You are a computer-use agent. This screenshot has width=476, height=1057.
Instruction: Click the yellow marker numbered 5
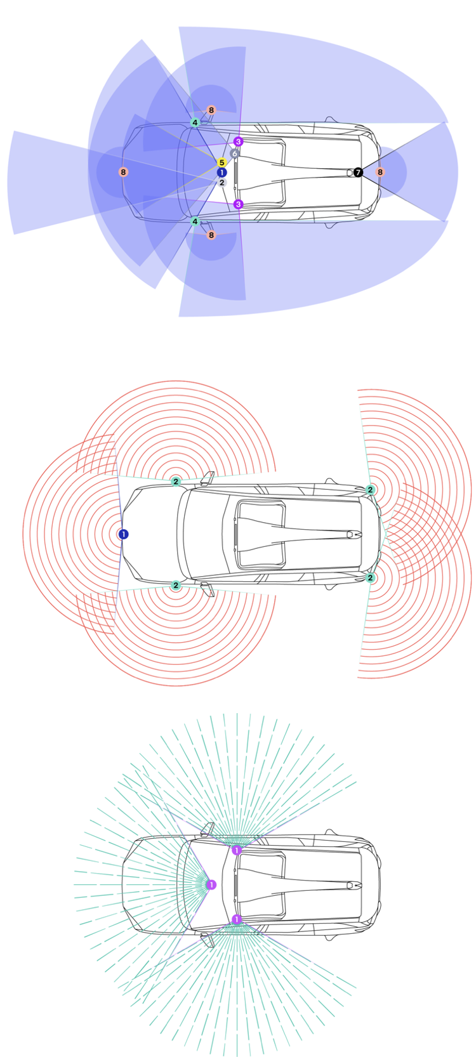click(x=221, y=162)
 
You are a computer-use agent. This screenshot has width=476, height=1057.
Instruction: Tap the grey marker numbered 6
click(x=234, y=154)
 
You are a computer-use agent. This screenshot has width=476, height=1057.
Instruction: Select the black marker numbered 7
click(x=358, y=172)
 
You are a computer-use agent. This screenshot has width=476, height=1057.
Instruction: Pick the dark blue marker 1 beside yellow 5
click(x=221, y=173)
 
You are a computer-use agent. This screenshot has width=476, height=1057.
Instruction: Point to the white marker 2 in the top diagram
click(x=221, y=183)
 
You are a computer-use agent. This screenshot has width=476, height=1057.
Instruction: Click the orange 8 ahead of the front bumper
click(x=123, y=172)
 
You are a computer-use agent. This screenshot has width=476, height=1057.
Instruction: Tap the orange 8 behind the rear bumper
click(x=380, y=172)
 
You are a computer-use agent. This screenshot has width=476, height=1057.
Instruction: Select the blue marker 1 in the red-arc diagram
click(x=123, y=534)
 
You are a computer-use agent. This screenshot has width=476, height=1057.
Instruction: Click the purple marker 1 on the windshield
click(x=211, y=884)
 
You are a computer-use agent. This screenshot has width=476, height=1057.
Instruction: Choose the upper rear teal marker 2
click(x=371, y=490)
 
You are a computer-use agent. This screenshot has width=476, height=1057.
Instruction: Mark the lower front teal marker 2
click(x=176, y=586)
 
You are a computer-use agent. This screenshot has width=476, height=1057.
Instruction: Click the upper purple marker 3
click(x=238, y=141)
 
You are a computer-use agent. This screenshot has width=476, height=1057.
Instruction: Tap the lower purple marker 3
click(x=238, y=204)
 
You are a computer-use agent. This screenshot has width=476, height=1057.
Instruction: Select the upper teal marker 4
click(x=195, y=122)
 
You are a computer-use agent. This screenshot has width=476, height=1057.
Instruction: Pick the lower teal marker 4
click(x=195, y=222)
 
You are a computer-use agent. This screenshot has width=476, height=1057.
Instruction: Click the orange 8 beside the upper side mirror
click(x=211, y=110)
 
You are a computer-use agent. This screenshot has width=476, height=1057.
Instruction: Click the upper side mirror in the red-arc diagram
click(x=208, y=478)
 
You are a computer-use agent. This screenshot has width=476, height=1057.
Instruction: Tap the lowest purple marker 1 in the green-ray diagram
click(x=237, y=919)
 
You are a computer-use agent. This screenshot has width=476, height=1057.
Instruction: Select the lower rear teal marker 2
click(x=371, y=578)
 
